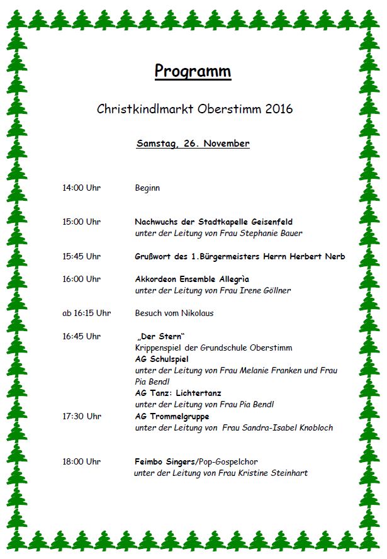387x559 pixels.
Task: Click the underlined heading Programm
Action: (x=193, y=71)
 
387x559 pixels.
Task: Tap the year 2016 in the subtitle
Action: (x=279, y=109)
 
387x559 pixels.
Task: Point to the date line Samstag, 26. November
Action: (x=193, y=144)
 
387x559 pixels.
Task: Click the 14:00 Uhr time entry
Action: (x=81, y=188)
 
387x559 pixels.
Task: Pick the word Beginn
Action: (x=147, y=188)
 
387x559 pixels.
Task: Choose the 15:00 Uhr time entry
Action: (x=81, y=222)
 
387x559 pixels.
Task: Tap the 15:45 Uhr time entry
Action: (x=81, y=256)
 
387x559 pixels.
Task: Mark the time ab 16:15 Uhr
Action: (x=86, y=313)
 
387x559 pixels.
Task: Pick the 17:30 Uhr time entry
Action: (x=81, y=416)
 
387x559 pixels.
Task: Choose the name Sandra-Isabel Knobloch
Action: (x=288, y=427)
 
